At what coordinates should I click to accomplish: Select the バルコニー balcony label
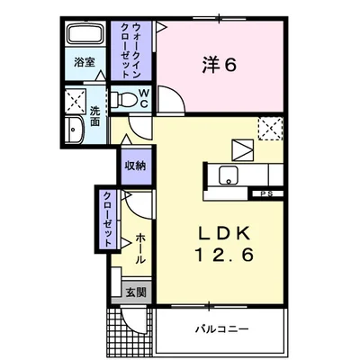221,328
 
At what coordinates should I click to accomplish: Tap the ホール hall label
140,247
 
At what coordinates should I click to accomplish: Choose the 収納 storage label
136,166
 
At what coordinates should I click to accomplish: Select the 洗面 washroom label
94,118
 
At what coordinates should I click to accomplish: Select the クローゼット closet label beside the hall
107,219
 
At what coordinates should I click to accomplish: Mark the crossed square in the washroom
75,98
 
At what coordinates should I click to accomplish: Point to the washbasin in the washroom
75,130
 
